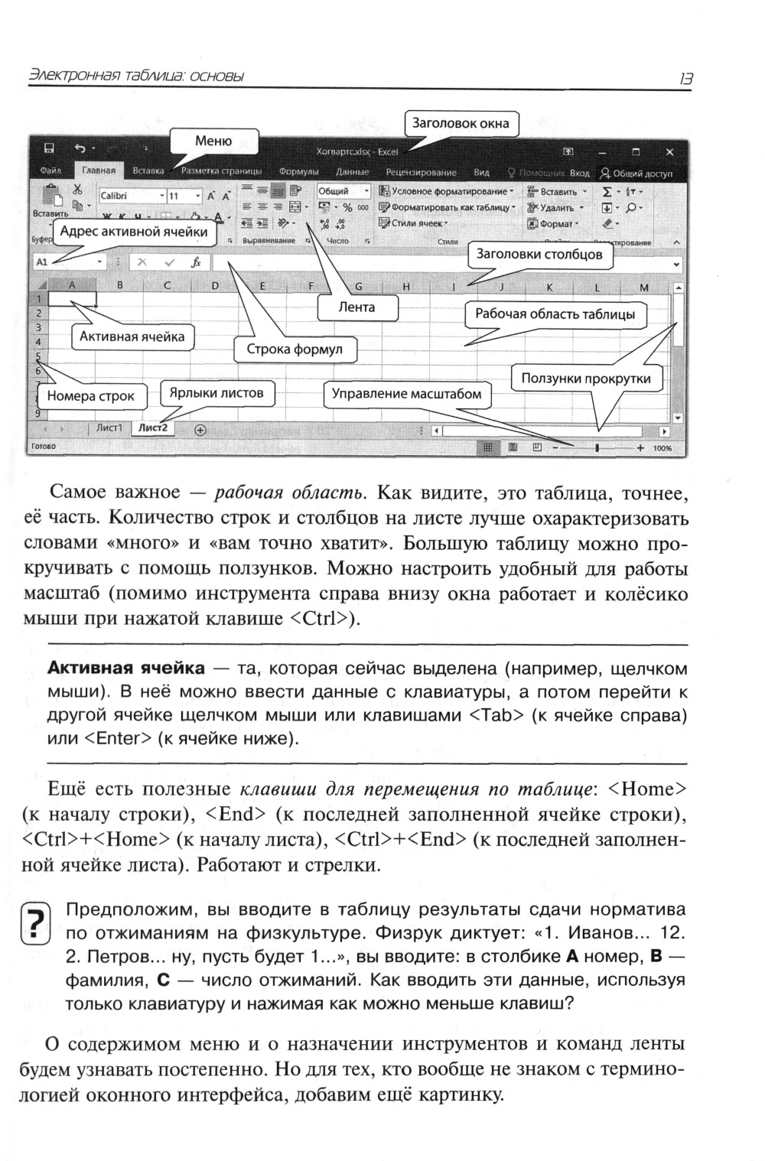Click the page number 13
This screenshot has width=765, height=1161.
(685, 78)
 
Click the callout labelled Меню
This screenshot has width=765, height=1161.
(213, 141)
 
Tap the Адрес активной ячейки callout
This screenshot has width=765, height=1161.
(134, 232)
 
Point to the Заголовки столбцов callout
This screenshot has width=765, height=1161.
(539, 254)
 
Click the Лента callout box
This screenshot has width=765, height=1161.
(357, 307)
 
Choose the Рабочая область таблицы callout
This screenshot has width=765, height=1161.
(555, 314)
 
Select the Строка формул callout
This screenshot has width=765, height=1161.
(295, 350)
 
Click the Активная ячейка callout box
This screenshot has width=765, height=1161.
(132, 337)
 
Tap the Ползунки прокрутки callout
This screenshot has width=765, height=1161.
(586, 378)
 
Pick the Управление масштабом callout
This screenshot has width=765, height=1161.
(406, 394)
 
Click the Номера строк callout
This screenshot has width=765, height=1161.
(90, 395)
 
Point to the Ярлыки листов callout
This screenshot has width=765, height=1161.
(216, 393)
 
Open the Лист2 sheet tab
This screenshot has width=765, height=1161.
(152, 428)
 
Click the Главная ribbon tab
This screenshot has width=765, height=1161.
(99, 171)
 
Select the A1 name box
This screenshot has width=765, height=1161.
(68, 262)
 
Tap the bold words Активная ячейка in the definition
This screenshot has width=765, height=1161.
(126, 668)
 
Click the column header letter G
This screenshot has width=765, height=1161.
(358, 288)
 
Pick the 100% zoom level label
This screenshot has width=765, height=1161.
(662, 448)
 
